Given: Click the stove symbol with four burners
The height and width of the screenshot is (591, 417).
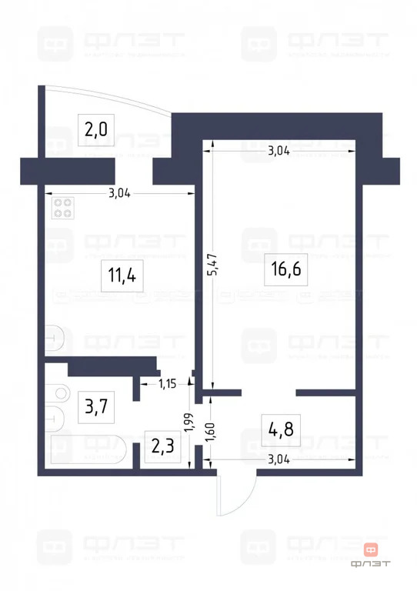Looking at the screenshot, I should pos(63,209).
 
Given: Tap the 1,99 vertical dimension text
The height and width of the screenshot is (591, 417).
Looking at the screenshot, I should pos(187,424).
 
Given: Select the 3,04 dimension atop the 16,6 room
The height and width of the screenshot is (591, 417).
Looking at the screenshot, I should pos(279,151).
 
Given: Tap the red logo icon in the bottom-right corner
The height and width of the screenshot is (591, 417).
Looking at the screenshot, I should pos(372,549).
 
